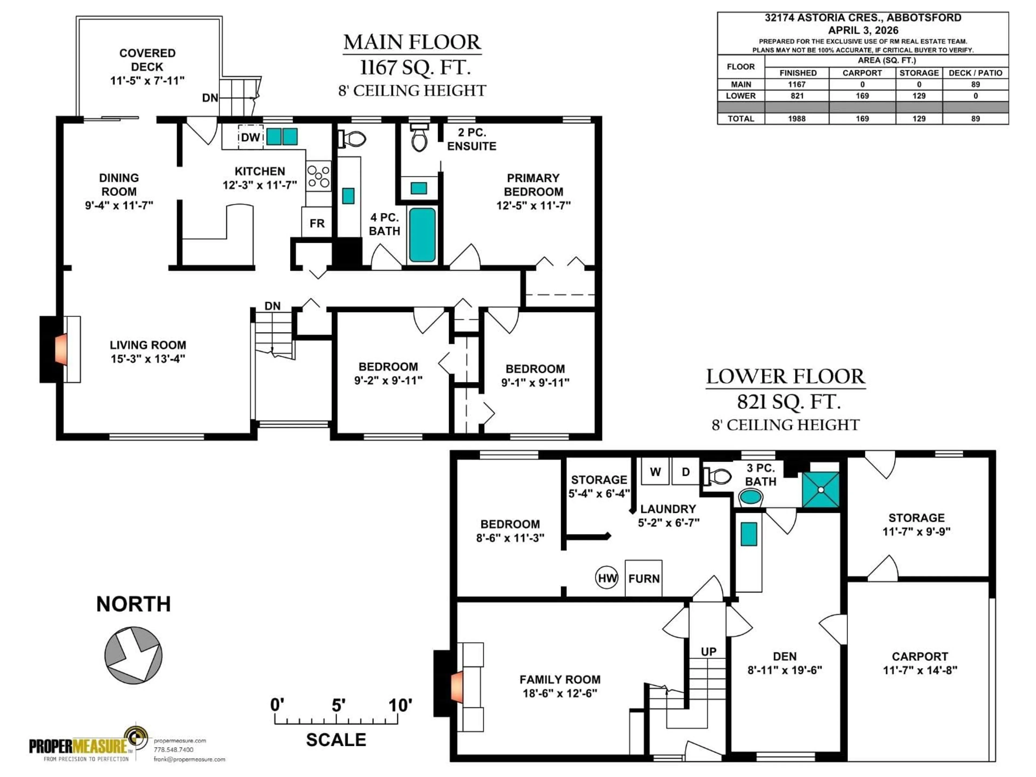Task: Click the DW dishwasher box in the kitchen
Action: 251,137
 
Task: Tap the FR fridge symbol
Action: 317,223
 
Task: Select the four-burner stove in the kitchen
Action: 318,176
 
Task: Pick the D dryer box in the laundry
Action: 686,472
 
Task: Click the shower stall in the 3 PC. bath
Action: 820,489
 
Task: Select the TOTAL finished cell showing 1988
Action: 797,118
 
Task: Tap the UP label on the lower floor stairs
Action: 708,652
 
